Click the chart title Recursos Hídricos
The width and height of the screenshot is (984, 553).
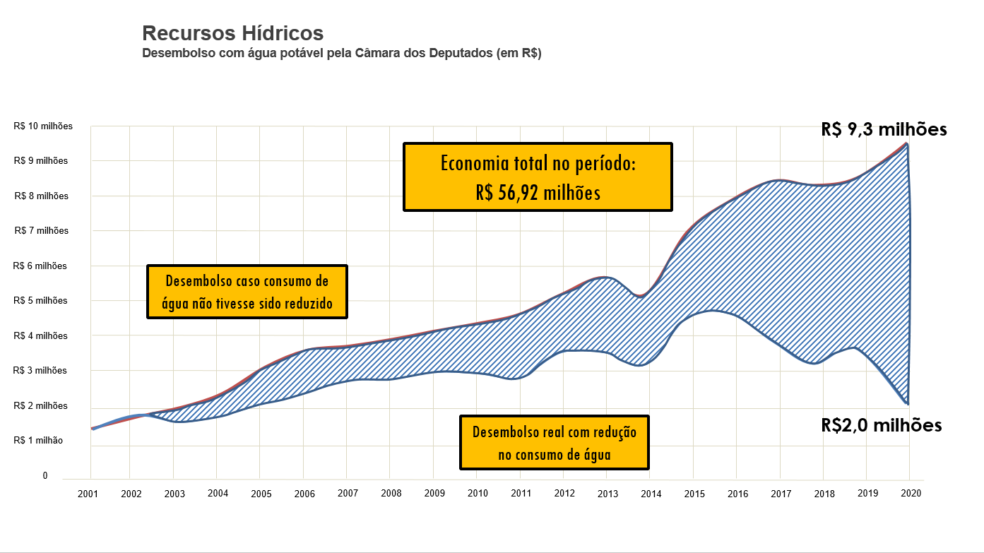click(232, 33)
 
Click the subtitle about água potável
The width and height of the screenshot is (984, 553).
click(341, 54)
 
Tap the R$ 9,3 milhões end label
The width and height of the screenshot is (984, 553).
click(884, 130)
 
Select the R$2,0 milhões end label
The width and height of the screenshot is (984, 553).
click(881, 425)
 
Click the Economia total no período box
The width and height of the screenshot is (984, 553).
click(538, 177)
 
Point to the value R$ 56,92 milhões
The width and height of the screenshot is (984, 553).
click(538, 193)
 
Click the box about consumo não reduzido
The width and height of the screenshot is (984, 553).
click(247, 292)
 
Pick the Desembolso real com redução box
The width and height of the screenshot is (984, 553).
click(554, 443)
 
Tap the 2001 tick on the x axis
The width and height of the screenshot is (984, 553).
click(88, 494)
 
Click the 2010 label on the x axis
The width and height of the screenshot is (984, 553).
click(478, 494)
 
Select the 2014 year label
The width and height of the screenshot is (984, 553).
click(651, 494)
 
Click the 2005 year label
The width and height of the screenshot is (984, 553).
click(261, 494)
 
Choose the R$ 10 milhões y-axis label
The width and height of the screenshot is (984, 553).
click(42, 126)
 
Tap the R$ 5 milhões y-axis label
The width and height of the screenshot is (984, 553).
click(41, 301)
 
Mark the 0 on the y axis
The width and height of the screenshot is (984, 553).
click(45, 476)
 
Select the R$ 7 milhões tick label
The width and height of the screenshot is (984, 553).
click(41, 231)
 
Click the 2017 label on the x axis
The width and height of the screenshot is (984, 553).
click(781, 494)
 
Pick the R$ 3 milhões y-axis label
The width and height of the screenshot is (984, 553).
click(41, 371)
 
